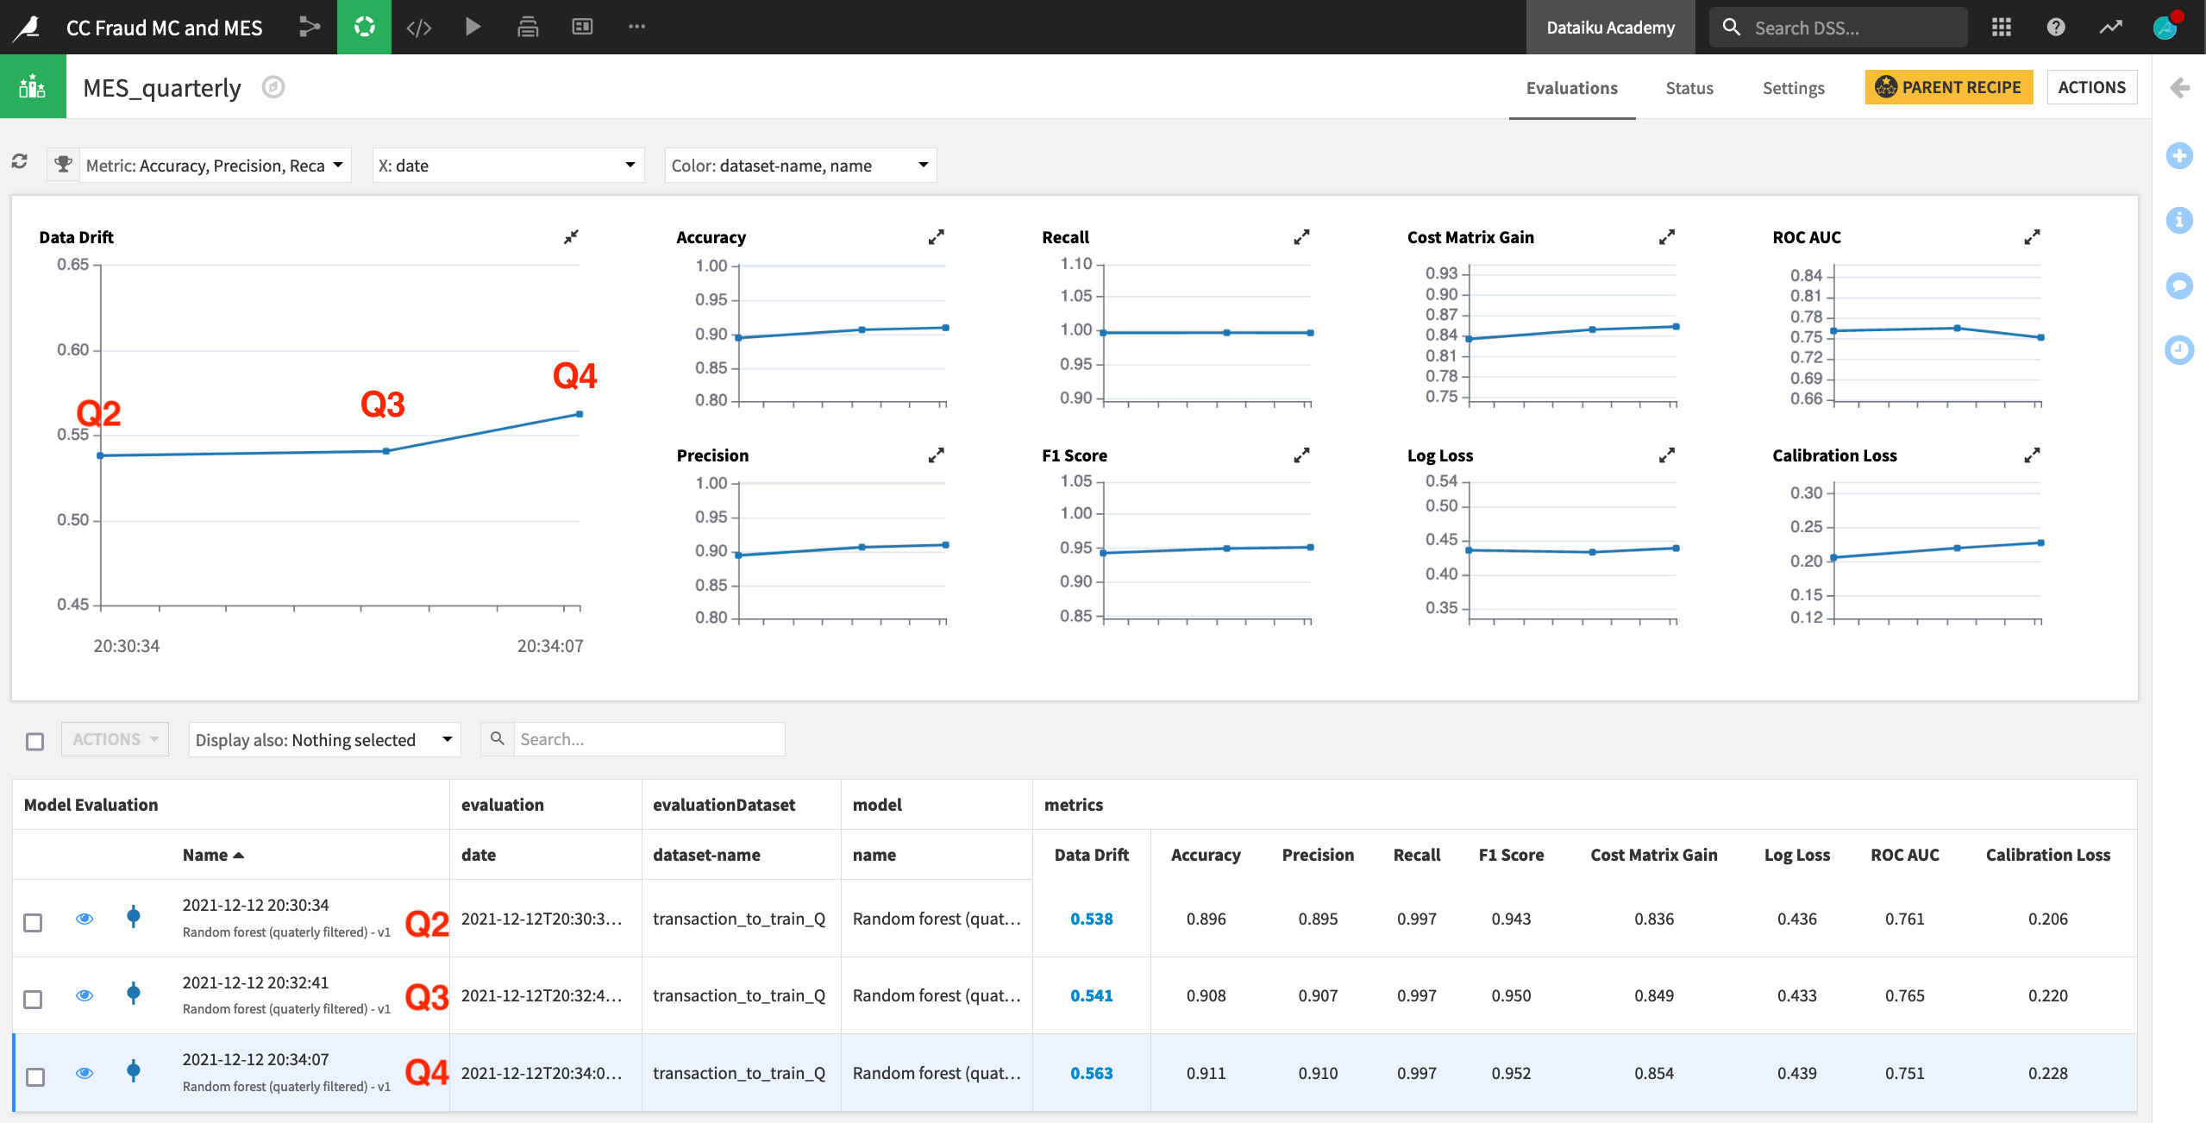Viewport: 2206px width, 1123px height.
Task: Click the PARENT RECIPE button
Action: [x=1948, y=87]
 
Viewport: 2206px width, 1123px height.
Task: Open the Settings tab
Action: [x=1793, y=88]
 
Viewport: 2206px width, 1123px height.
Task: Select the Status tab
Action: [x=1689, y=88]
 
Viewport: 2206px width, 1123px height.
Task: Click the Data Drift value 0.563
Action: [x=1091, y=1073]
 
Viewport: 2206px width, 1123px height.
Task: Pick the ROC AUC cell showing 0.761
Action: [x=1904, y=919]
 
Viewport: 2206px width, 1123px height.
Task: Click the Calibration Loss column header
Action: [x=2047, y=855]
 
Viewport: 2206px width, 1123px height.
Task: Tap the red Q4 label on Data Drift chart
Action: [x=574, y=376]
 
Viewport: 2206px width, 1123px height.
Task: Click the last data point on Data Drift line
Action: [x=580, y=414]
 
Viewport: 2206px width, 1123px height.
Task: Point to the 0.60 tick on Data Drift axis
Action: [x=73, y=349]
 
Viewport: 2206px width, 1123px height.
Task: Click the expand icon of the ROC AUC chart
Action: [x=2032, y=236]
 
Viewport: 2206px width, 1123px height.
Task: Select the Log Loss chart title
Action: [x=1439, y=455]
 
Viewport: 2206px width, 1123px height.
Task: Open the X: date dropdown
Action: [x=508, y=166]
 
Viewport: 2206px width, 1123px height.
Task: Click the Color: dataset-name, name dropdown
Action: [x=799, y=166]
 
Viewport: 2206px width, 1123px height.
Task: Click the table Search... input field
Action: [x=649, y=739]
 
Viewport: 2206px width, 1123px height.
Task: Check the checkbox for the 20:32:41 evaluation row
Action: [x=33, y=999]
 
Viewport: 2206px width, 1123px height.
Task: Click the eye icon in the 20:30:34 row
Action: [x=85, y=919]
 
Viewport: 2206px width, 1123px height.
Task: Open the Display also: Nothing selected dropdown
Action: [x=324, y=740]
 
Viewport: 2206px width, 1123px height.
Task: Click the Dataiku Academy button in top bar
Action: [x=1610, y=28]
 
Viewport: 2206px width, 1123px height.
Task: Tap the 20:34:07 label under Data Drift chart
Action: [x=550, y=646]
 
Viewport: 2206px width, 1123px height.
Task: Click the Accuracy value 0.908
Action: [x=1205, y=995]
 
